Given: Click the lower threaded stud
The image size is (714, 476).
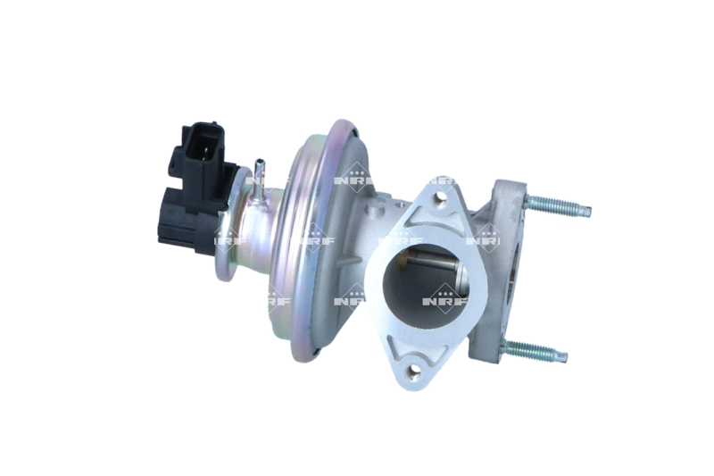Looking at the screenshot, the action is (x=534, y=350).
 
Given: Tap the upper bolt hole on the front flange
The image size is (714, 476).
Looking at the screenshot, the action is (x=439, y=197).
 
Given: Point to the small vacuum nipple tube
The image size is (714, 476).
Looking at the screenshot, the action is (x=258, y=179).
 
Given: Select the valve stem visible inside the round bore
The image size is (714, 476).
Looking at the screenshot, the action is (x=436, y=264).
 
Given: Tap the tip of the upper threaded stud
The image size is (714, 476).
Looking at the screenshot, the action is (x=589, y=211).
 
